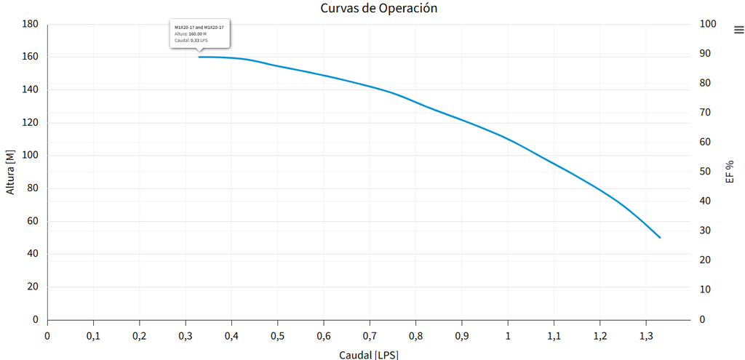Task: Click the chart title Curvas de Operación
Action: [378, 8]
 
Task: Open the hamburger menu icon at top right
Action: [738, 30]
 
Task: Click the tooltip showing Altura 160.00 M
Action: [199, 33]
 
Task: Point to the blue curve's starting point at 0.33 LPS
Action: [199, 57]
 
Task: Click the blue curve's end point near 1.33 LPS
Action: [660, 238]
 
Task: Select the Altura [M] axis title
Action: [10, 172]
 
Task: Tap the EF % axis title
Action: [730, 172]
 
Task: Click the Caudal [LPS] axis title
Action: [369, 354]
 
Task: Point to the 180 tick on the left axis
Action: [30, 24]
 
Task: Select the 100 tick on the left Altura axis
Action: [30, 156]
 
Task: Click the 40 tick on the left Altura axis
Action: [33, 254]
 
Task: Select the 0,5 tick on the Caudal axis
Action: [277, 335]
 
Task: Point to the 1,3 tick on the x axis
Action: [646, 335]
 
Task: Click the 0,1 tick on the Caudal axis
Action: [93, 335]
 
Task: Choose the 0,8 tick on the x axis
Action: [415, 335]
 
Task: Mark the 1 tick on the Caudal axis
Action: [508, 335]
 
